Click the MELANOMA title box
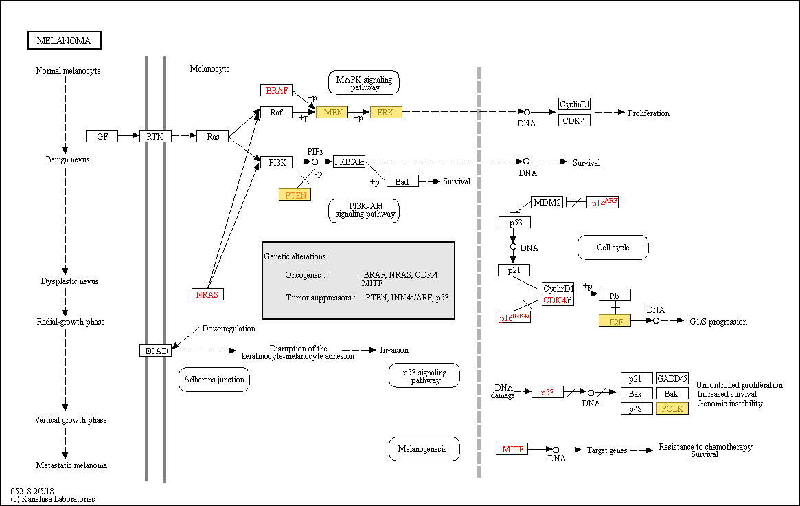point(65,41)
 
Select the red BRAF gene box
point(277,90)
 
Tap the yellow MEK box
point(332,112)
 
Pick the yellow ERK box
point(386,112)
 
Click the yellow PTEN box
point(295,195)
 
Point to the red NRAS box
point(207,294)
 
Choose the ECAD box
point(156,351)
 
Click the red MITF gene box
point(512,449)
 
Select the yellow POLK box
point(672,408)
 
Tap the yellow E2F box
point(615,320)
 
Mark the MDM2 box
point(547,202)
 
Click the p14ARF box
point(602,202)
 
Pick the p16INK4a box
point(514,317)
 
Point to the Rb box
point(615,295)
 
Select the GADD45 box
point(672,378)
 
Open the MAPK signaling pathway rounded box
point(364,82)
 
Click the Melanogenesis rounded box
point(424,449)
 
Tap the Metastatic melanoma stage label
point(71,465)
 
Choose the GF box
point(102,136)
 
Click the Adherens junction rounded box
point(214,379)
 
